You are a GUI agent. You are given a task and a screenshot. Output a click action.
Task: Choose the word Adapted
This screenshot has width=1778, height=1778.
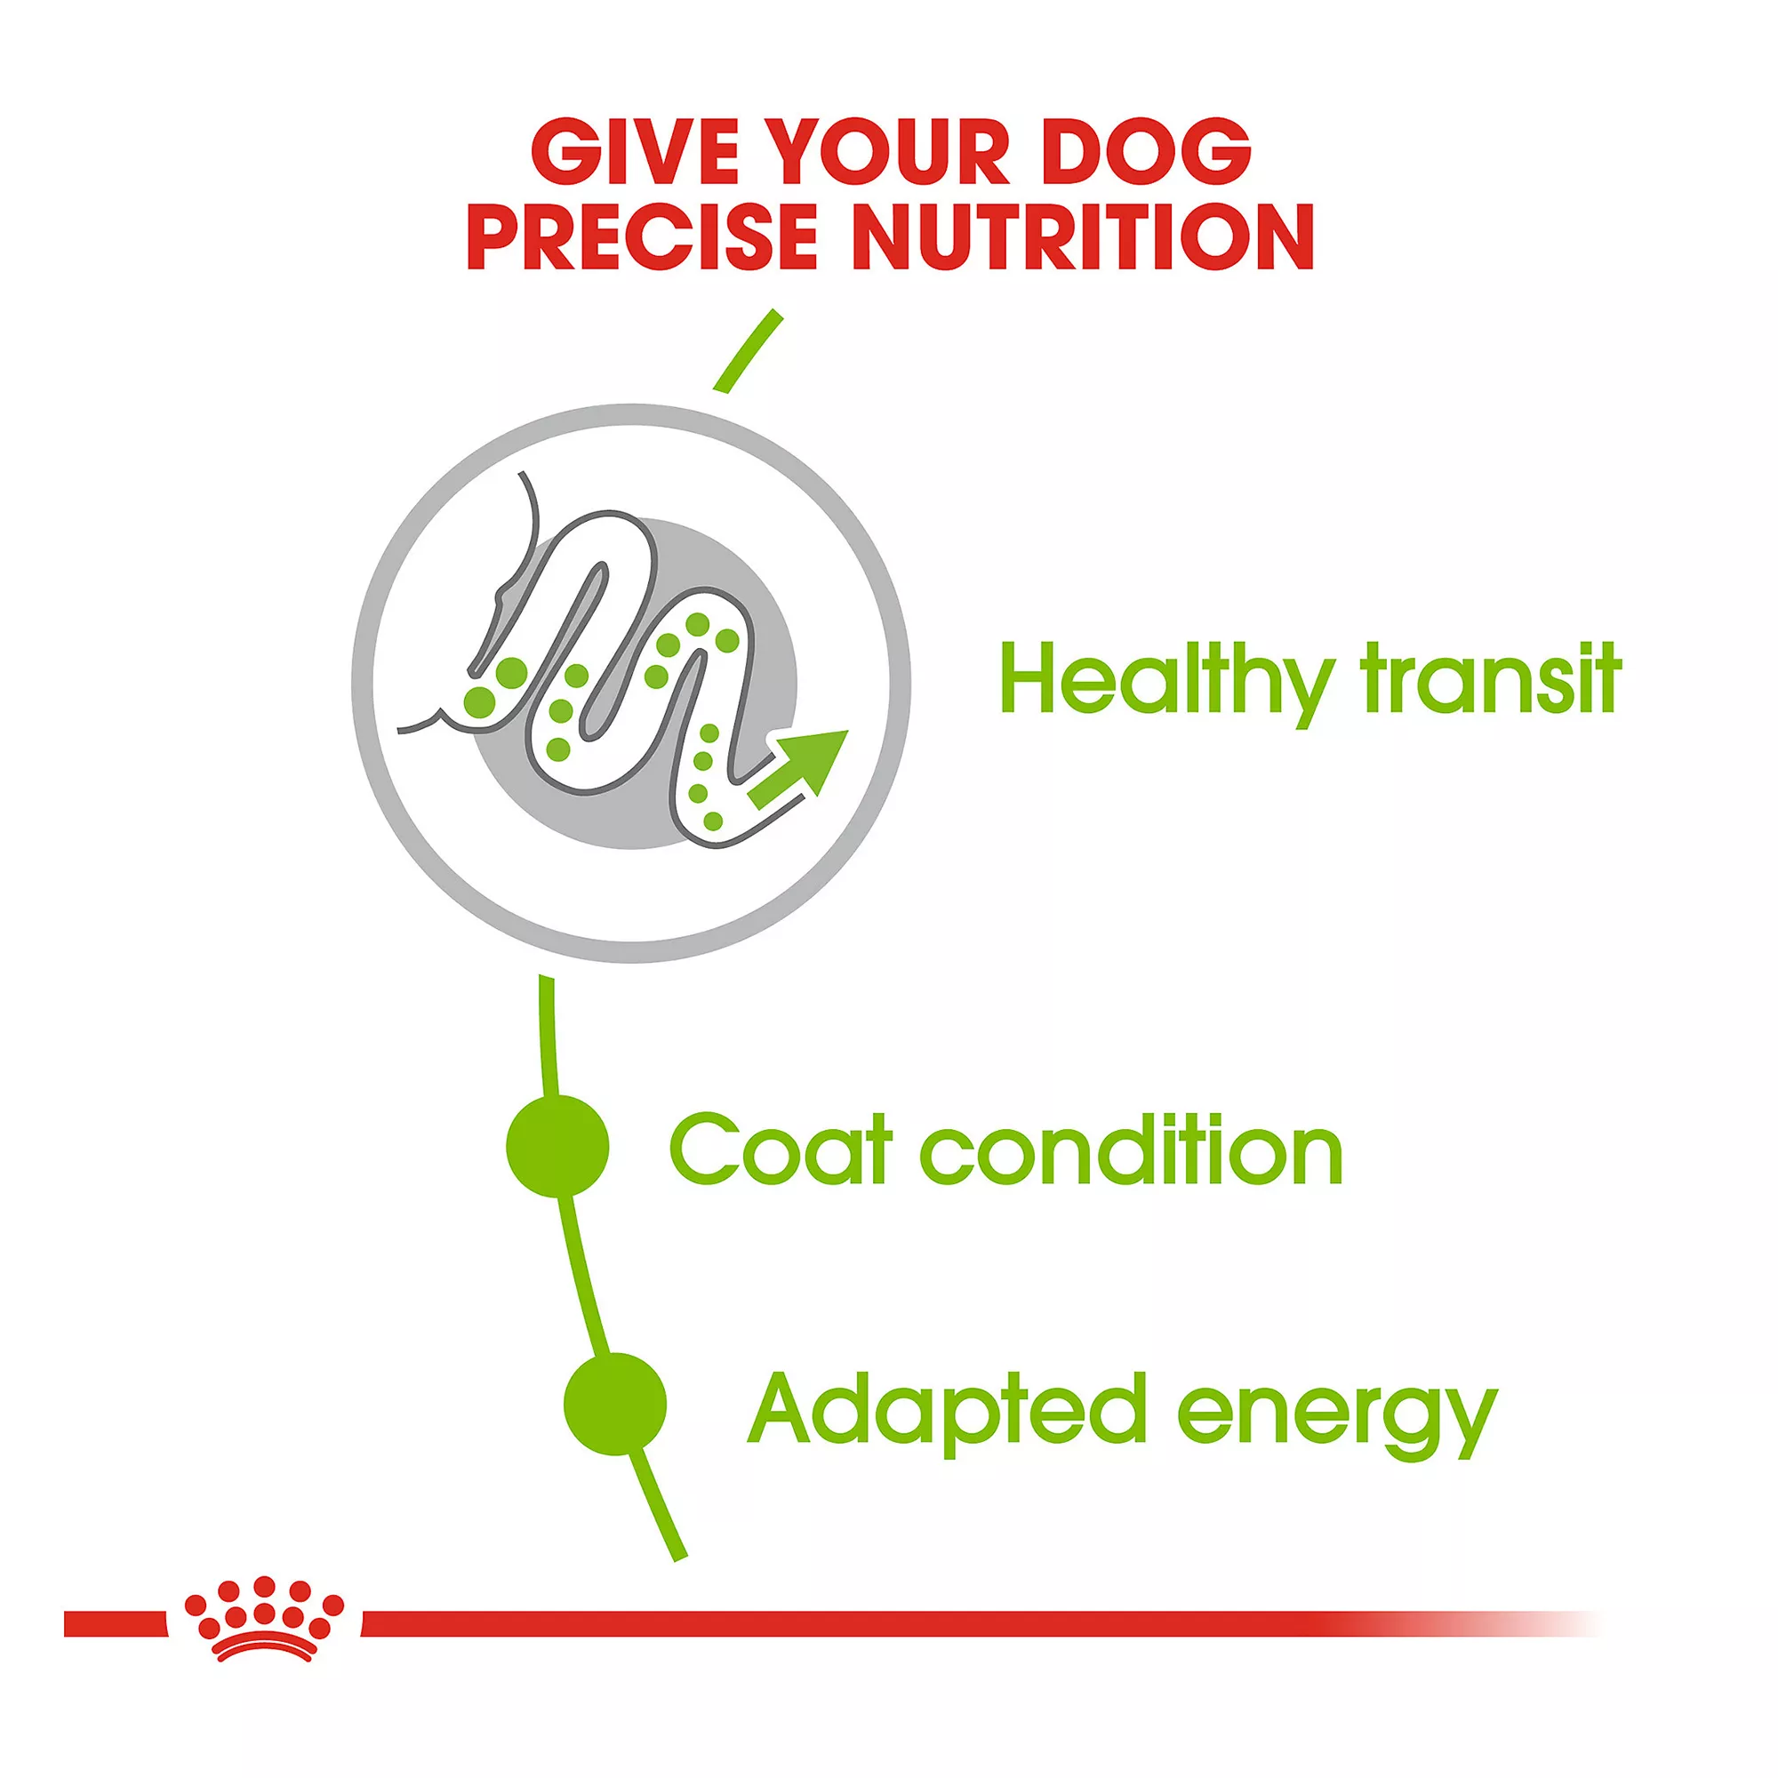947,1411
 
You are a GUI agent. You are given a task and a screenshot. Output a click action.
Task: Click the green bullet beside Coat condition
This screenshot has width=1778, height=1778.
557,1146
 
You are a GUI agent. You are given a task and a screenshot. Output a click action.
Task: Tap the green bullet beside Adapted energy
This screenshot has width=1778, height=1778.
615,1405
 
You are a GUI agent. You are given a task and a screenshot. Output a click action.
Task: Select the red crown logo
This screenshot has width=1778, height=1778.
264,1620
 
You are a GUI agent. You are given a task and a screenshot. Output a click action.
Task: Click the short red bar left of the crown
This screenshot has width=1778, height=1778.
116,1623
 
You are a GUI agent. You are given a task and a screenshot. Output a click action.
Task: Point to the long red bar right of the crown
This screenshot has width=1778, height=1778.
980,1623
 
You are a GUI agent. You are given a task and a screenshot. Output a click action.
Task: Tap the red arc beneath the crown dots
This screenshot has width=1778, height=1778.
264,1650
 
